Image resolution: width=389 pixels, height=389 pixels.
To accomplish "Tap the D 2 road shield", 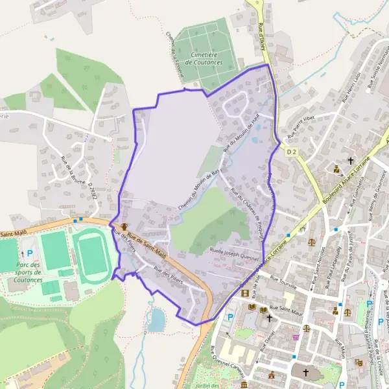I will pos(291,151).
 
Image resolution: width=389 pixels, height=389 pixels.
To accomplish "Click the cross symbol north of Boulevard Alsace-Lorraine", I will pos(351,160).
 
